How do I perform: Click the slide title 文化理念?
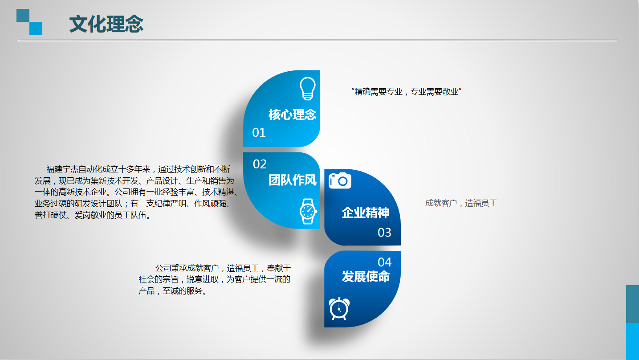coord(106,24)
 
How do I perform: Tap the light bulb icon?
coord(308,89)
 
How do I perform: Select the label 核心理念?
coord(293,115)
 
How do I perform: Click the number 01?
coord(259,132)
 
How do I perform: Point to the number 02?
coord(260,164)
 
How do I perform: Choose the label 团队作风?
coord(293,180)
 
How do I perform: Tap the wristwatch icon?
coord(308,211)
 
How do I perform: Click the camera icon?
coord(340,180)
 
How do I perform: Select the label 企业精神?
coord(366,213)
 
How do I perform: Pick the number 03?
coord(384,233)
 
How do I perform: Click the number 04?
coord(385,262)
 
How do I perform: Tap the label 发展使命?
coord(366,276)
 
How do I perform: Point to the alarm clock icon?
coord(339,309)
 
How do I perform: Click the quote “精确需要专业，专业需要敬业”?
coord(406,92)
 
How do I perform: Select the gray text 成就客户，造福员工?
coord(461,203)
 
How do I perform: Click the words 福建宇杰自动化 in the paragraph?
coord(74,169)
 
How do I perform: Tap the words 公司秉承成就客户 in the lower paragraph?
coord(187,268)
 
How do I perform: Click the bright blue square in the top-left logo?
coord(36,28)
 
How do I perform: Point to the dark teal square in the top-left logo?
coord(23,16)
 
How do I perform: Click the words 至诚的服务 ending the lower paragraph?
coord(182,291)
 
